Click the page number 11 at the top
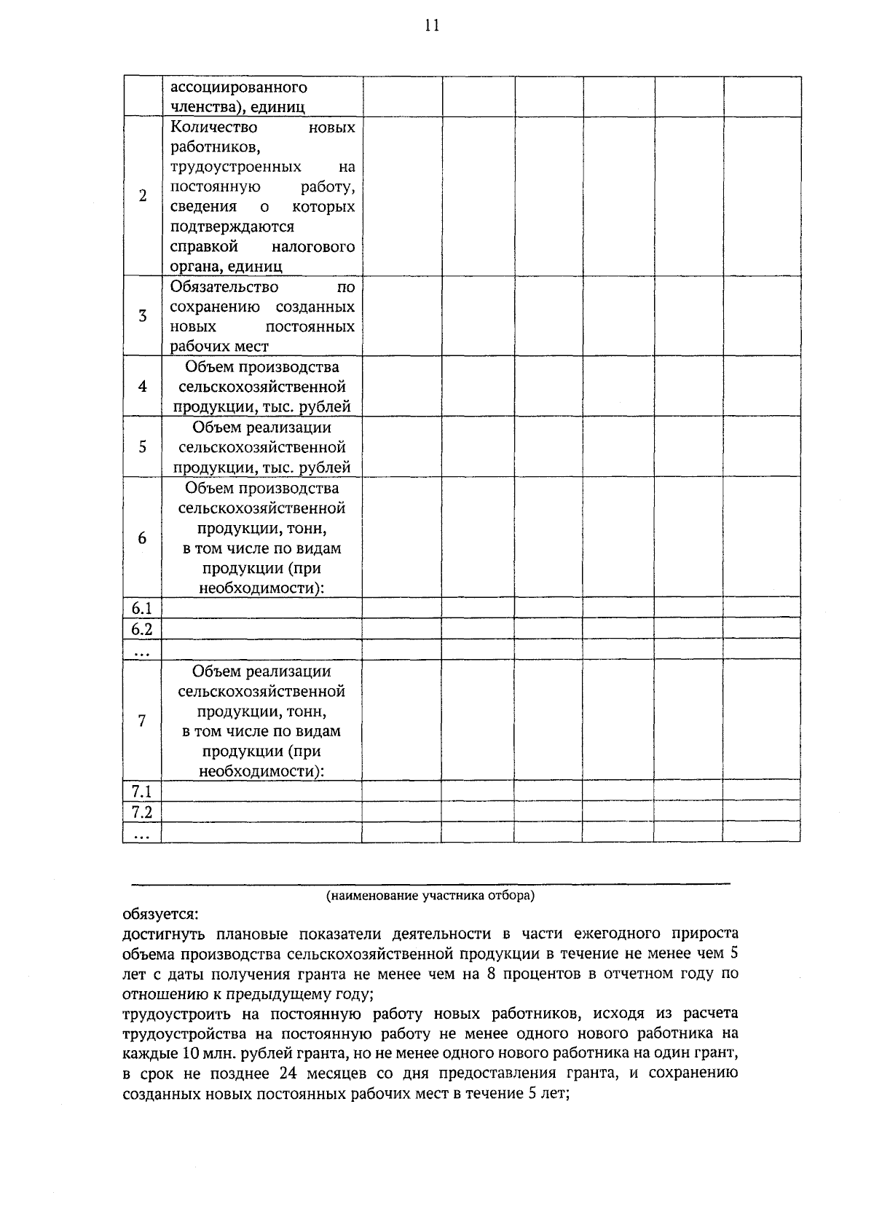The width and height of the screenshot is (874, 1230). coord(431,26)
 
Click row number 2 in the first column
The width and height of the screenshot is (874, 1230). coord(143,196)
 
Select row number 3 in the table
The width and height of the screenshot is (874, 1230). coord(143,316)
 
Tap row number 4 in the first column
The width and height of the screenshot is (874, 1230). coord(143,386)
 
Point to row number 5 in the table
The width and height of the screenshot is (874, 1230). coord(143,446)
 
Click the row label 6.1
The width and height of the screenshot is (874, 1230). coord(142,608)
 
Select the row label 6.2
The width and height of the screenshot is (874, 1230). coord(142,628)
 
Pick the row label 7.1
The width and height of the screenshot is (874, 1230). coord(142,791)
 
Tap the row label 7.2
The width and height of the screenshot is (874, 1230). coord(142,811)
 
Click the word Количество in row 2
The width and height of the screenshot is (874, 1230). coord(213,127)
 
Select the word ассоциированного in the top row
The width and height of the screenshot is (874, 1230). coord(238,87)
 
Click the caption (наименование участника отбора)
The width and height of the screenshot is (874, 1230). coord(430,895)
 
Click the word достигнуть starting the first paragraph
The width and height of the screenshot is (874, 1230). coord(165,934)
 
